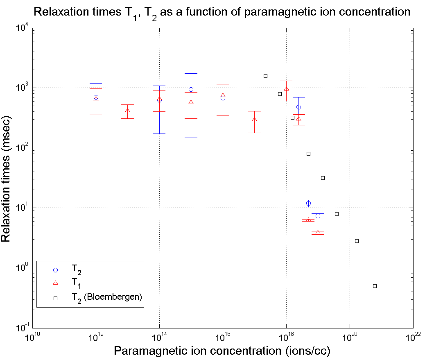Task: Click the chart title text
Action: coord(222,12)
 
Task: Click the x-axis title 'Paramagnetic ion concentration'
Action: coord(222,351)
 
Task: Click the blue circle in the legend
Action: coord(56,270)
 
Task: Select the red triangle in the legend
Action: coord(56,283)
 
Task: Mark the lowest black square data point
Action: coord(375,286)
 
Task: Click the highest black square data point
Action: coord(265,76)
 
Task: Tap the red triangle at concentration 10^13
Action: coord(127,111)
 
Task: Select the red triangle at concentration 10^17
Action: coord(254,120)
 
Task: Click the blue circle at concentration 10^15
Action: coord(191,90)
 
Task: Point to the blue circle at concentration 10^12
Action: coord(96,97)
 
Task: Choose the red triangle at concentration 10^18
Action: coord(286,89)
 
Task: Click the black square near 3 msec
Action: coord(357,241)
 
